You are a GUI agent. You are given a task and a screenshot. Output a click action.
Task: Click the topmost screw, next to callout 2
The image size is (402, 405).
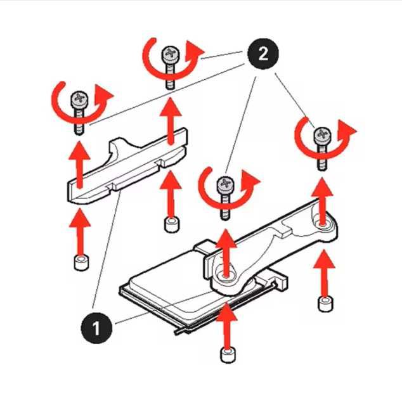click(x=169, y=54)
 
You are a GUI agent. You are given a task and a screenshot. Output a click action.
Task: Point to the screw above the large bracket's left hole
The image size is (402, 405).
click(x=224, y=186)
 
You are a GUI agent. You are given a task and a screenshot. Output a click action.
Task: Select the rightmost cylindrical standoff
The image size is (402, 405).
click(x=325, y=303)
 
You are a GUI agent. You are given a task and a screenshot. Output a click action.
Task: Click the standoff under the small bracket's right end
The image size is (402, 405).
click(x=169, y=224)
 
